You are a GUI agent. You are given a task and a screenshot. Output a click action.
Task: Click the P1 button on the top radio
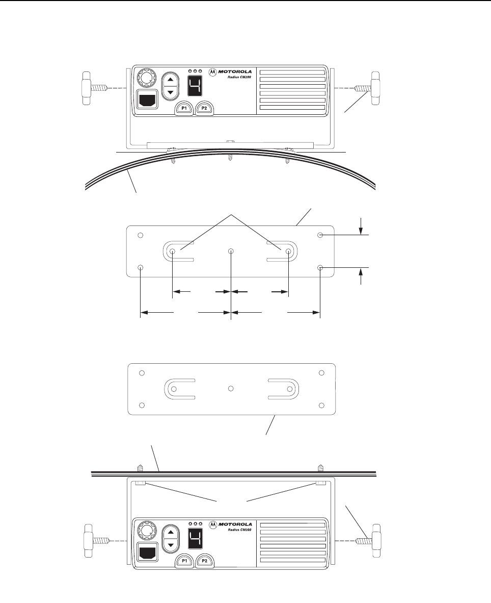click(x=184, y=108)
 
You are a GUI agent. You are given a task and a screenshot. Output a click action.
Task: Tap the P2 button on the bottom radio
click(x=204, y=561)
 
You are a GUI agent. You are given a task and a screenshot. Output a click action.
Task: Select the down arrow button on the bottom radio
click(x=171, y=545)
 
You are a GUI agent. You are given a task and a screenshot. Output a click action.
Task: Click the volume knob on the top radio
click(x=146, y=79)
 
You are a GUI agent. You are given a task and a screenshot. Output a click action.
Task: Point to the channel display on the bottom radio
click(x=195, y=538)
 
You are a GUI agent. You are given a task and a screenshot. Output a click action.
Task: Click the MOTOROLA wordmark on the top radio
click(x=235, y=71)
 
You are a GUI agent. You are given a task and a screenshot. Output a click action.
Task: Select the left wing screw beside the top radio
click(x=97, y=88)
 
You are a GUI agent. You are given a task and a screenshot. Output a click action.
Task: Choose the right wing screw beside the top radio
click(x=367, y=88)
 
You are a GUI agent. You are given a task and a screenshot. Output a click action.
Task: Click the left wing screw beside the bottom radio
click(x=97, y=541)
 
